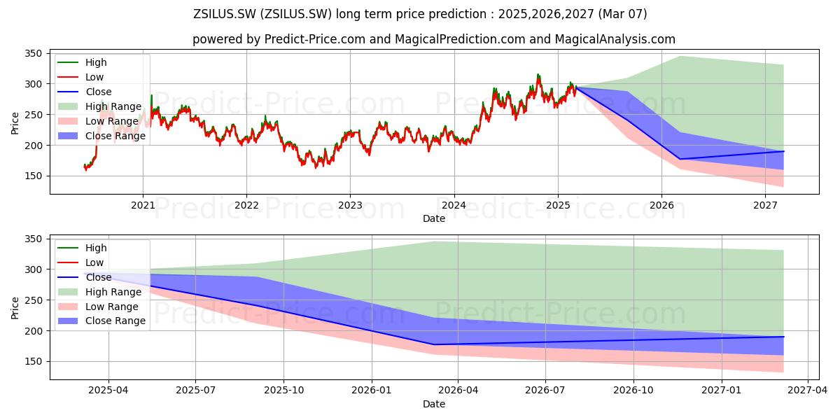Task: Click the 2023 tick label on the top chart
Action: pyautogui.click(x=350, y=206)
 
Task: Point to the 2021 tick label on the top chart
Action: pyautogui.click(x=143, y=206)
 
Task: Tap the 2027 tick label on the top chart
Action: pyautogui.click(x=765, y=206)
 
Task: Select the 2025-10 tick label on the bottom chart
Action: pyautogui.click(x=283, y=391)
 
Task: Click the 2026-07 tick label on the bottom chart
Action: pyautogui.click(x=545, y=391)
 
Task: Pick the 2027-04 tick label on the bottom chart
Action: pyautogui.click(x=807, y=391)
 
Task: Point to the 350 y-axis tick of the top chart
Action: pyautogui.click(x=33, y=54)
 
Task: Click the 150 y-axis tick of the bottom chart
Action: pyautogui.click(x=33, y=361)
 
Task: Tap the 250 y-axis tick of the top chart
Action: pyautogui.click(x=33, y=115)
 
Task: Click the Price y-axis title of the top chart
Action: pyautogui.click(x=15, y=123)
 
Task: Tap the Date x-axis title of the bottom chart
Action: pyautogui.click(x=434, y=405)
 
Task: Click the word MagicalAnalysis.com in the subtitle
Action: pyautogui.click(x=615, y=39)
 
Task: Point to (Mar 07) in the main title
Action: pyautogui.click(x=622, y=14)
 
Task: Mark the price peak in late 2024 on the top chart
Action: pyautogui.click(x=538, y=74)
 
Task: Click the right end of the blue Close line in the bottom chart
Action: pyautogui.click(x=784, y=337)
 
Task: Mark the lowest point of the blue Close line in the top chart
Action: pyautogui.click(x=680, y=159)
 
